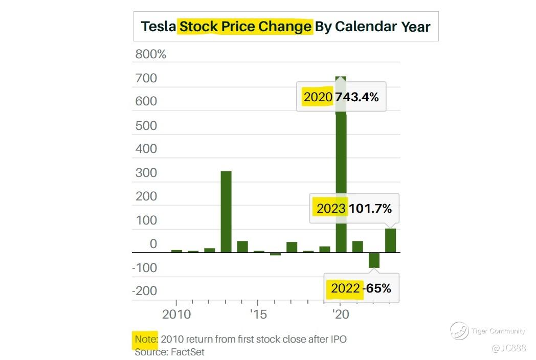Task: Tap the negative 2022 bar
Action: click(x=374, y=260)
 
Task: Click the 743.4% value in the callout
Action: click(x=357, y=97)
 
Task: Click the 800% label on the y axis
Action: click(x=150, y=54)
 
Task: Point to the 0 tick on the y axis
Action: click(x=153, y=244)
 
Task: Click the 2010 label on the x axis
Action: click(x=176, y=314)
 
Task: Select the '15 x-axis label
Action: click(x=258, y=314)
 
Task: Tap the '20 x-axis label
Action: click(x=340, y=314)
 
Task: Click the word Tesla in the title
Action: click(x=158, y=27)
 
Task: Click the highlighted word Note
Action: click(x=146, y=339)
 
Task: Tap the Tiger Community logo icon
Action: click(x=459, y=331)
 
